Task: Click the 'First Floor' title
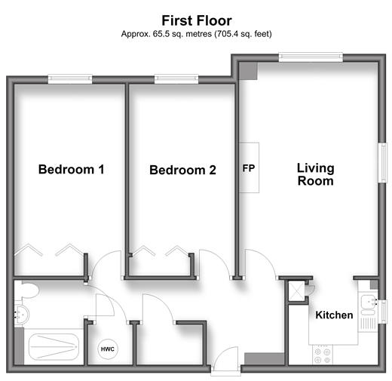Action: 197,20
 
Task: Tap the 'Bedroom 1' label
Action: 71,169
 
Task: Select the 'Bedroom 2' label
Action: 182,170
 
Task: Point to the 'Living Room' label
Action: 316,174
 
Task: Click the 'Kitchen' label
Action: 334,315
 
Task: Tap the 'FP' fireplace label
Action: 249,168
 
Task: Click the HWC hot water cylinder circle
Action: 108,349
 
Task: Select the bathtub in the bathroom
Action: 54,347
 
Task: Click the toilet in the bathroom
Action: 27,290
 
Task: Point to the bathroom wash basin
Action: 22,315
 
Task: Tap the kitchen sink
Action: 369,305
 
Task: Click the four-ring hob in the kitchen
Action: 323,355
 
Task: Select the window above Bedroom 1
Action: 70,79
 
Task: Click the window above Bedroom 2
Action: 176,79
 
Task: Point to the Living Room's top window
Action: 311,57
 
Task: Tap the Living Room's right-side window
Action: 383,162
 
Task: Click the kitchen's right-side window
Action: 383,312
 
